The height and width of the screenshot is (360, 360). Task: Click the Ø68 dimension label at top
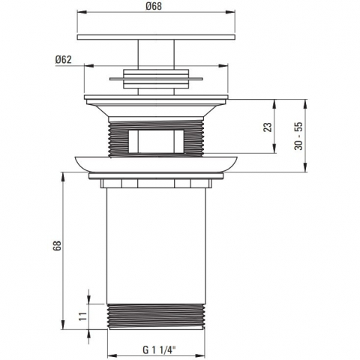[154, 6]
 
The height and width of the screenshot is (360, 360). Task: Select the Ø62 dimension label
[64, 60]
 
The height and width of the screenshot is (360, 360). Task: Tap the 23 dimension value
[268, 127]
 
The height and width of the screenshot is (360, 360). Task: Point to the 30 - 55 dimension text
[298, 136]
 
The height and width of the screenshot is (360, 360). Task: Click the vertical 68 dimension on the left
[57, 245]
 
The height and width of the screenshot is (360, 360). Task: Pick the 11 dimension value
[83, 316]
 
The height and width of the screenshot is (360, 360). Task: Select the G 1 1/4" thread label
[159, 349]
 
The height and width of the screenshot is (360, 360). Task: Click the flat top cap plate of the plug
[156, 37]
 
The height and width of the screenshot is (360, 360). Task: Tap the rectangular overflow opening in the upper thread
[156, 141]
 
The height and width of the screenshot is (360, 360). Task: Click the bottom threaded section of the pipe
[156, 316]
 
